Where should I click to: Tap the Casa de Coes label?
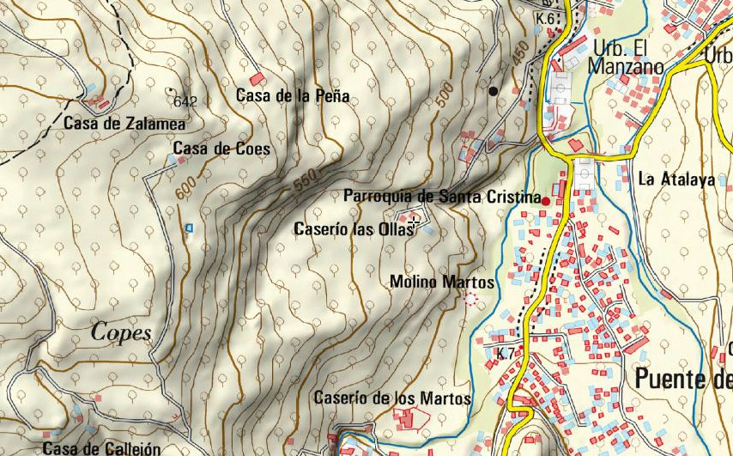click(x=221, y=149)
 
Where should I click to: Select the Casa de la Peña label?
click(x=293, y=96)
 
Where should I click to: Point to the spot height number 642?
click(x=185, y=101)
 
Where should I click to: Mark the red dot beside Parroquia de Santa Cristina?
click(x=545, y=200)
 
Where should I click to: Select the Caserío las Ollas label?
click(x=353, y=229)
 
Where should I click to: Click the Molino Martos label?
click(x=442, y=282)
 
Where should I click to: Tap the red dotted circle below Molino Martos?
click(x=469, y=299)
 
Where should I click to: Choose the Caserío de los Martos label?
click(x=392, y=398)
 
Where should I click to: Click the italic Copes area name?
click(x=121, y=332)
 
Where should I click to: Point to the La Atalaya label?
click(x=676, y=180)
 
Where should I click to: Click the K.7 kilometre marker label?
click(x=505, y=354)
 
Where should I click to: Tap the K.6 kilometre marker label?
click(x=544, y=18)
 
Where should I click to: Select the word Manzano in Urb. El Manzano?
click(x=627, y=67)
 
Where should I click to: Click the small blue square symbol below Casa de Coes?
click(x=190, y=227)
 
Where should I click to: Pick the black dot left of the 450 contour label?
click(x=493, y=89)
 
